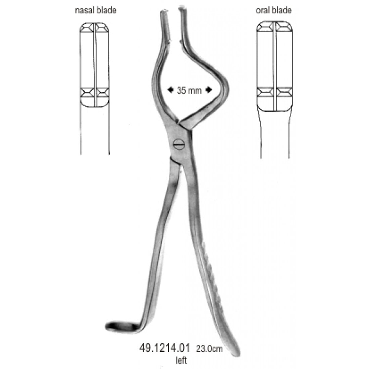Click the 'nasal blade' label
pyautogui.click(x=96, y=10)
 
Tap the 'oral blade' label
pyautogui.click(x=274, y=10)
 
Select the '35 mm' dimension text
pyautogui.click(x=189, y=90)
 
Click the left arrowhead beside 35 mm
pyautogui.click(x=170, y=90)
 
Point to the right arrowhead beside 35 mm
pyautogui.click(x=209, y=90)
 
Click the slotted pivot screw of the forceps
pyautogui.click(x=178, y=144)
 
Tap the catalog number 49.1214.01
pyautogui.click(x=164, y=348)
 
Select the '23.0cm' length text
pyautogui.click(x=209, y=349)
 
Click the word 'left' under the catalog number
pyautogui.click(x=181, y=360)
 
